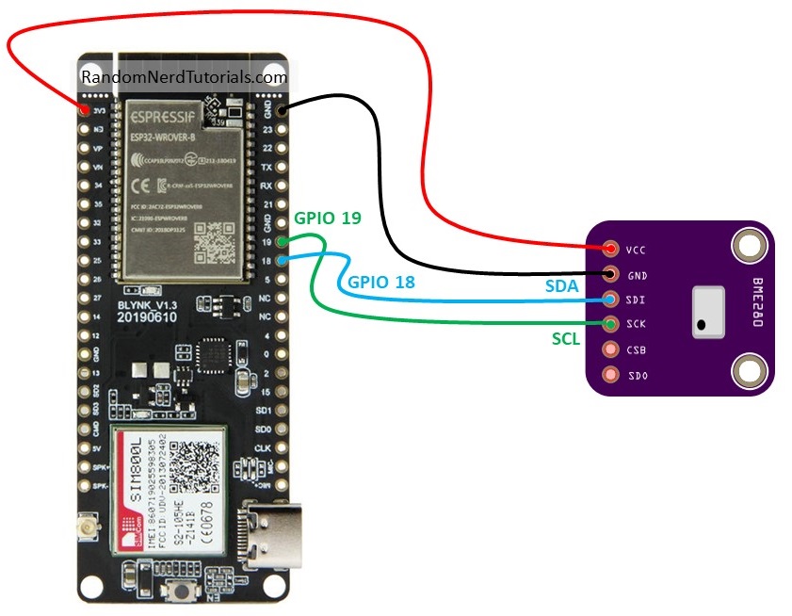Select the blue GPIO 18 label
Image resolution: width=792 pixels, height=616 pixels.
(380, 282)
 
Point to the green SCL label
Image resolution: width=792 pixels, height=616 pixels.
(567, 336)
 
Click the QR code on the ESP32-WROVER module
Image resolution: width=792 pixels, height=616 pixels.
(213, 244)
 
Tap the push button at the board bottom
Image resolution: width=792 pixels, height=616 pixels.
(180, 592)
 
